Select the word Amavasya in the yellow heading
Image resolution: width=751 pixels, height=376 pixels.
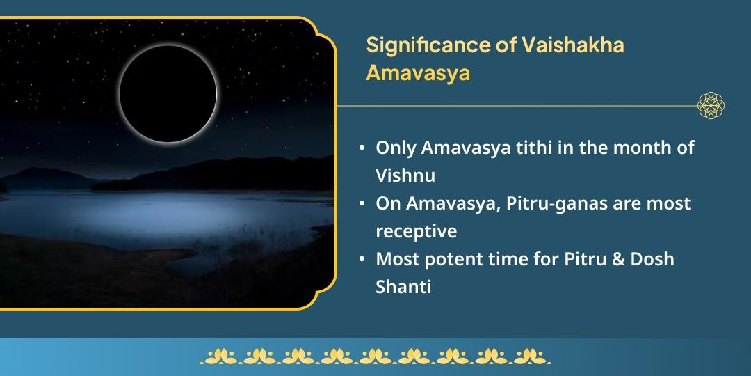click(x=418, y=72)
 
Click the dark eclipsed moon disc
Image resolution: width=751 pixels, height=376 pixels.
click(x=168, y=93)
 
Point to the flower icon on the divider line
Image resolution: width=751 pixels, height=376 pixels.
click(x=711, y=106)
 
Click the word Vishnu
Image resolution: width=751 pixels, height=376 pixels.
click(x=405, y=175)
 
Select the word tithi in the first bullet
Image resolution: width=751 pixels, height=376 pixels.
click(x=510, y=148)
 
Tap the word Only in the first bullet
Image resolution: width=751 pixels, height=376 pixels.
click(x=394, y=148)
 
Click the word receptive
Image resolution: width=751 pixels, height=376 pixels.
click(x=416, y=230)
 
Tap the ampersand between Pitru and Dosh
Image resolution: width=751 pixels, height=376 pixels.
click(x=620, y=258)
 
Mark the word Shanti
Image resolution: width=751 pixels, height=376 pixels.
click(x=403, y=286)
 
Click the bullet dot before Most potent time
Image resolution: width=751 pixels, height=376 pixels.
click(x=362, y=259)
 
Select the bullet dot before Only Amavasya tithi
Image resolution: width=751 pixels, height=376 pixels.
click(x=362, y=148)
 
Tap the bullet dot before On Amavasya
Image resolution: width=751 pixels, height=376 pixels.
click(x=362, y=204)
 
